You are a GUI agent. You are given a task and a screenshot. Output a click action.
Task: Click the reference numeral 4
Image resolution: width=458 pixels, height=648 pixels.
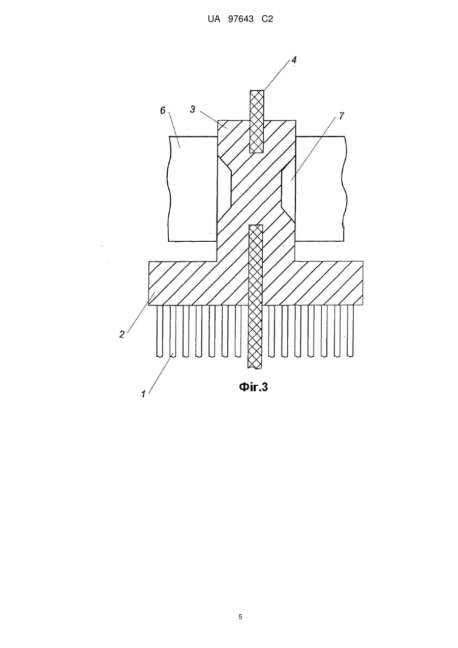coord(294,60)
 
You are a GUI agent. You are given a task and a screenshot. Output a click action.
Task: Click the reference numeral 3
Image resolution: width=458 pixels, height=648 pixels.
coord(193,109)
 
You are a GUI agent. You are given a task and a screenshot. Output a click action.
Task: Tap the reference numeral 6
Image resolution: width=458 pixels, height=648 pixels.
coord(163,110)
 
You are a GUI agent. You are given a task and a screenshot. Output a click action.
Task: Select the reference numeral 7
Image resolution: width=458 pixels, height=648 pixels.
coord(341,116)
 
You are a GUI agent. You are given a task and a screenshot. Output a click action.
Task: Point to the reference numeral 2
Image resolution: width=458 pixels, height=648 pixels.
coord(121,334)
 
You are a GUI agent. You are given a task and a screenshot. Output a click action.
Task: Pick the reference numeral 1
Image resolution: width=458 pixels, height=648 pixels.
coord(143,394)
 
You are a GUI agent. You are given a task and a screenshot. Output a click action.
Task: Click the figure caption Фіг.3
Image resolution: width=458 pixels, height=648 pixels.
coord(254,387)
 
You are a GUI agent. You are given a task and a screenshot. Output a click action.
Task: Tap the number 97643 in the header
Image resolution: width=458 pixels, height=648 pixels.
coord(241,19)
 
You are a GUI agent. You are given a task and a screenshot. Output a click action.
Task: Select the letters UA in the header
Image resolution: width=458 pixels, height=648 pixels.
coord(214,19)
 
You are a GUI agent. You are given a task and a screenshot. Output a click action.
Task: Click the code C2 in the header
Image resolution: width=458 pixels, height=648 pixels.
coord(267,19)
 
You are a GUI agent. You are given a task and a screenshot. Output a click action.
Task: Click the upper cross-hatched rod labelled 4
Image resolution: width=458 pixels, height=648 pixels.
coord(257,122)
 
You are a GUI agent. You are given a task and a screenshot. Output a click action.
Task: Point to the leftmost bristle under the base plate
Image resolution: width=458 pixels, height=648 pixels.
coord(160,331)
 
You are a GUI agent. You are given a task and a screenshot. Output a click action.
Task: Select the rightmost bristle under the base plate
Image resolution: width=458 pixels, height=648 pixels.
coord(351,331)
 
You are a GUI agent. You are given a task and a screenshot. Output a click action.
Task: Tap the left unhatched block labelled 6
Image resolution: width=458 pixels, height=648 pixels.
coord(193,189)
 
